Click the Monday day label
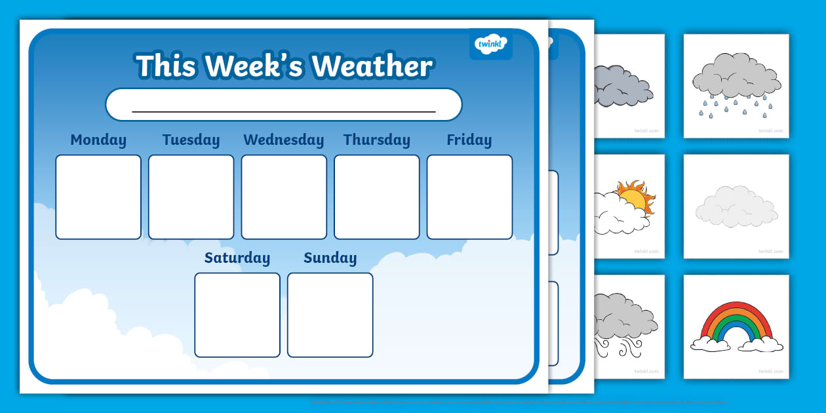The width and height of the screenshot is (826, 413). [98, 140]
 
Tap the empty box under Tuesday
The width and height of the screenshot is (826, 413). [191, 197]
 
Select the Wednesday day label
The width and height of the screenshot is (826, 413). [283, 140]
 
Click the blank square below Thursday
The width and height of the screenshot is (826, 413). [376, 197]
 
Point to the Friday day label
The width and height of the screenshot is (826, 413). [469, 140]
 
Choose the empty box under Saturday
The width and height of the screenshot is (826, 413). [237, 315]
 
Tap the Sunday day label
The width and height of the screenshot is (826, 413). [330, 258]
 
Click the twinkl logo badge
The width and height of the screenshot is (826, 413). [490, 44]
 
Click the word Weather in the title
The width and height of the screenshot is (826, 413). [372, 66]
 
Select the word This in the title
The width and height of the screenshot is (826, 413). [167, 66]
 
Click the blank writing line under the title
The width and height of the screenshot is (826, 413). [283, 110]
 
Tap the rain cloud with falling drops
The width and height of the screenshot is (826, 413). [736, 85]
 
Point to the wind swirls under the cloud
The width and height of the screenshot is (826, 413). [616, 345]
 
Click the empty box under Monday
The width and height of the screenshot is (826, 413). [98, 197]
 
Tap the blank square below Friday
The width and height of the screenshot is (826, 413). [469, 197]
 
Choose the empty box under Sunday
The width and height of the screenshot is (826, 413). [330, 315]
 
